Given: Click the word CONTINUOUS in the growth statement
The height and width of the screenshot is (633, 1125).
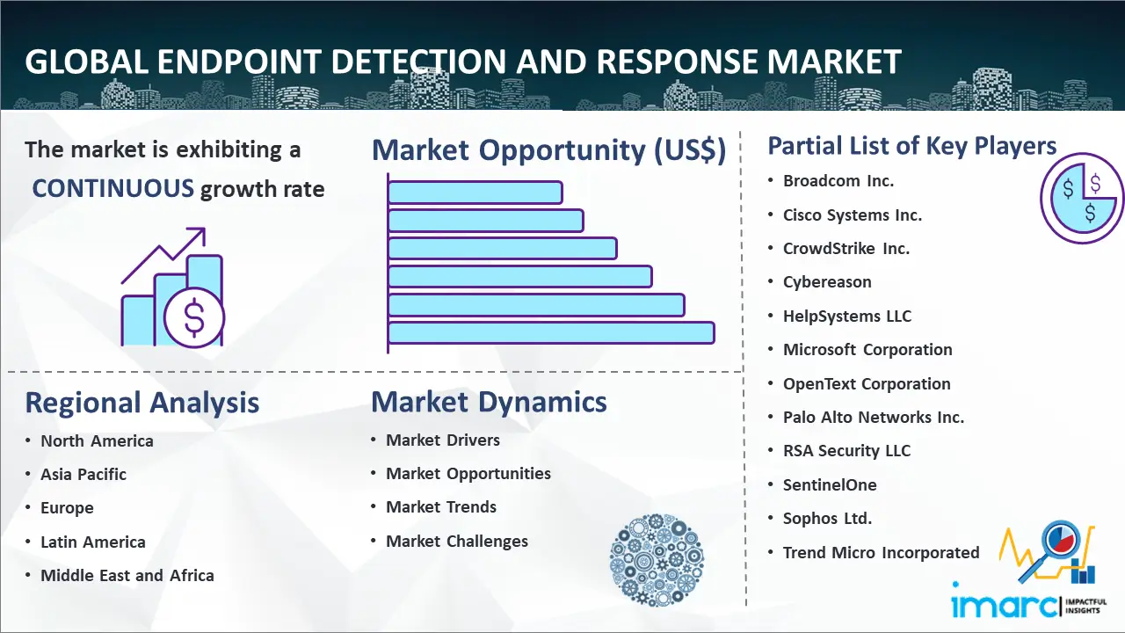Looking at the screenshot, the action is [x=113, y=189].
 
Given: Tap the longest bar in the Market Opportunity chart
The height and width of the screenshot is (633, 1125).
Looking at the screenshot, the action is [x=551, y=333].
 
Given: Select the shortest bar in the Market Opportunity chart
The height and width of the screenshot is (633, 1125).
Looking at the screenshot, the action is [x=475, y=193].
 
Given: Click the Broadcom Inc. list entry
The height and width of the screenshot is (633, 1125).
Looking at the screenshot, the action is [x=838, y=181].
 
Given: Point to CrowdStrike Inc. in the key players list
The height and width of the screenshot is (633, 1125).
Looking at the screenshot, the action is [x=846, y=248].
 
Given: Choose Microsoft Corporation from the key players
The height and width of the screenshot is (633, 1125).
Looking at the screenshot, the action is [x=867, y=350].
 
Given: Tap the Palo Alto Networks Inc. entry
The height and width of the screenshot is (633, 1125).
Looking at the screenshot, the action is [x=874, y=417].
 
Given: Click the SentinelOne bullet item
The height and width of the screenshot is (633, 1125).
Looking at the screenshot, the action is [x=830, y=484].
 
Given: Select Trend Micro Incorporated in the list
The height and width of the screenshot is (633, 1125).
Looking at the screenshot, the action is [x=881, y=553].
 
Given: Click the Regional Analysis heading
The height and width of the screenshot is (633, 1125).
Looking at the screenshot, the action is [x=142, y=403].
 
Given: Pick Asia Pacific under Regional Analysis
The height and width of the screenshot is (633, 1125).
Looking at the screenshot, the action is [x=83, y=474].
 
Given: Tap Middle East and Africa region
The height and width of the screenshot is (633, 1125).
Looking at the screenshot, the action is [x=127, y=575].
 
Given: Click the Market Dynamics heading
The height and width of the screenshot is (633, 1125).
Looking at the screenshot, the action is [x=489, y=402].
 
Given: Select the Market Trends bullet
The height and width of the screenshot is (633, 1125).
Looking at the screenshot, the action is [x=441, y=507].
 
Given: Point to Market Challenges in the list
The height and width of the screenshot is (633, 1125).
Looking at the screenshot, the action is [x=456, y=541].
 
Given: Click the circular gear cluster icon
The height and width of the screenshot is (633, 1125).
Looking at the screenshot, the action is [x=657, y=560].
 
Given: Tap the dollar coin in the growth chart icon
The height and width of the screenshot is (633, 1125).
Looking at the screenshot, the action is [x=194, y=318].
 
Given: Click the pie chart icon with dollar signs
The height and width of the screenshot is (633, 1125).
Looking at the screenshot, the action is [x=1082, y=198].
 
